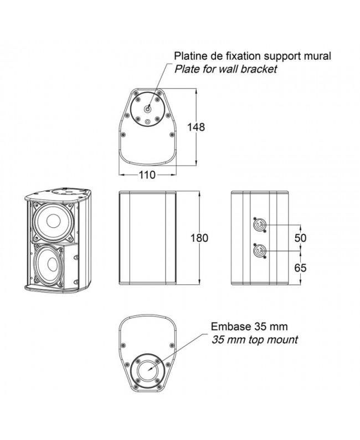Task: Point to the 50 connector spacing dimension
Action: pos(300,238)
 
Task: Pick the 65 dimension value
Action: pos(300,267)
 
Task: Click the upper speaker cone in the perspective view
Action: pos(53,221)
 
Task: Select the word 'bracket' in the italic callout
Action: pos(259,69)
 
